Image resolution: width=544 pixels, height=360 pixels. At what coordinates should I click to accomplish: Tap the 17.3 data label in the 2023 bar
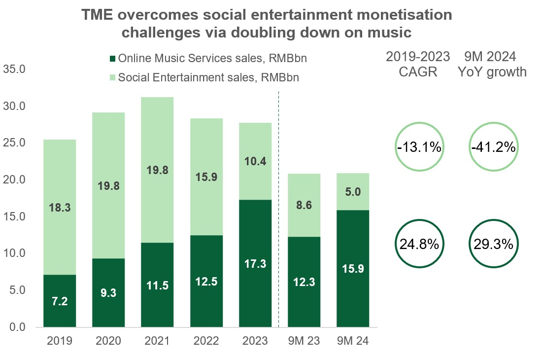coord(255,264)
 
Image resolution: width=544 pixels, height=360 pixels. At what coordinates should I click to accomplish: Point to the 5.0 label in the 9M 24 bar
coord(353,191)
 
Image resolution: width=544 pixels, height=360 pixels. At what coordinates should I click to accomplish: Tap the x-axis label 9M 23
coord(304,341)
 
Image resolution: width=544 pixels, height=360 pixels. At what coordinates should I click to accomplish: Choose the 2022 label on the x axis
coord(206,341)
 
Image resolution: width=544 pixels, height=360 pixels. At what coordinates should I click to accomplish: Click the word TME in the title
coord(97,15)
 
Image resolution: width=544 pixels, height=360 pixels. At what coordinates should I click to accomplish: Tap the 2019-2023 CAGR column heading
coord(418,64)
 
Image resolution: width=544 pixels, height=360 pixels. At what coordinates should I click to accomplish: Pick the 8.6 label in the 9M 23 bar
coord(304,206)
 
